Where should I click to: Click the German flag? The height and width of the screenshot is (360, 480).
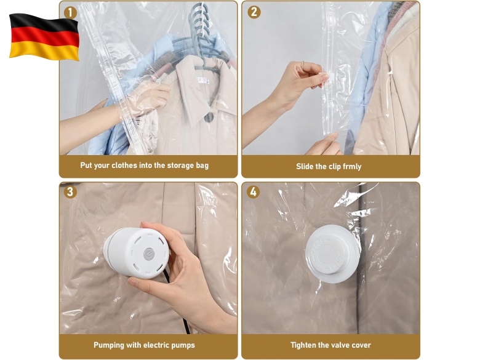tap(44, 37)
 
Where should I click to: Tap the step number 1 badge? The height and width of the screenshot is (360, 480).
tap(70, 13)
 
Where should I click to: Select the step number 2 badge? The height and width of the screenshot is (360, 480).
tap(254, 12)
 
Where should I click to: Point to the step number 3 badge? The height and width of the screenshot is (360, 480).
tap(70, 191)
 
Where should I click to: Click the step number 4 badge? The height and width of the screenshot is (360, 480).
tap(253, 191)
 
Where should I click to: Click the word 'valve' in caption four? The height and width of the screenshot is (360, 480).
tap(339, 345)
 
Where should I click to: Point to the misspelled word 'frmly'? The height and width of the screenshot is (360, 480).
tap(352, 167)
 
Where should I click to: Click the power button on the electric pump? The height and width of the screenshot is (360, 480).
tap(149, 254)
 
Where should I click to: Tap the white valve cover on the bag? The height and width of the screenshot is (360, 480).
tap(332, 254)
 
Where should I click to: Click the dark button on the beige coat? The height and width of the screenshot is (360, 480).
tap(209, 118)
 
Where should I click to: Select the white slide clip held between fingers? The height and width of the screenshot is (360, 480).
tap(324, 78)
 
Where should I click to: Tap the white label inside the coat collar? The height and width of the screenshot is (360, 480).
tap(204, 81)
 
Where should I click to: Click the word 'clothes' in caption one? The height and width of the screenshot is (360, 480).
tap(124, 166)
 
